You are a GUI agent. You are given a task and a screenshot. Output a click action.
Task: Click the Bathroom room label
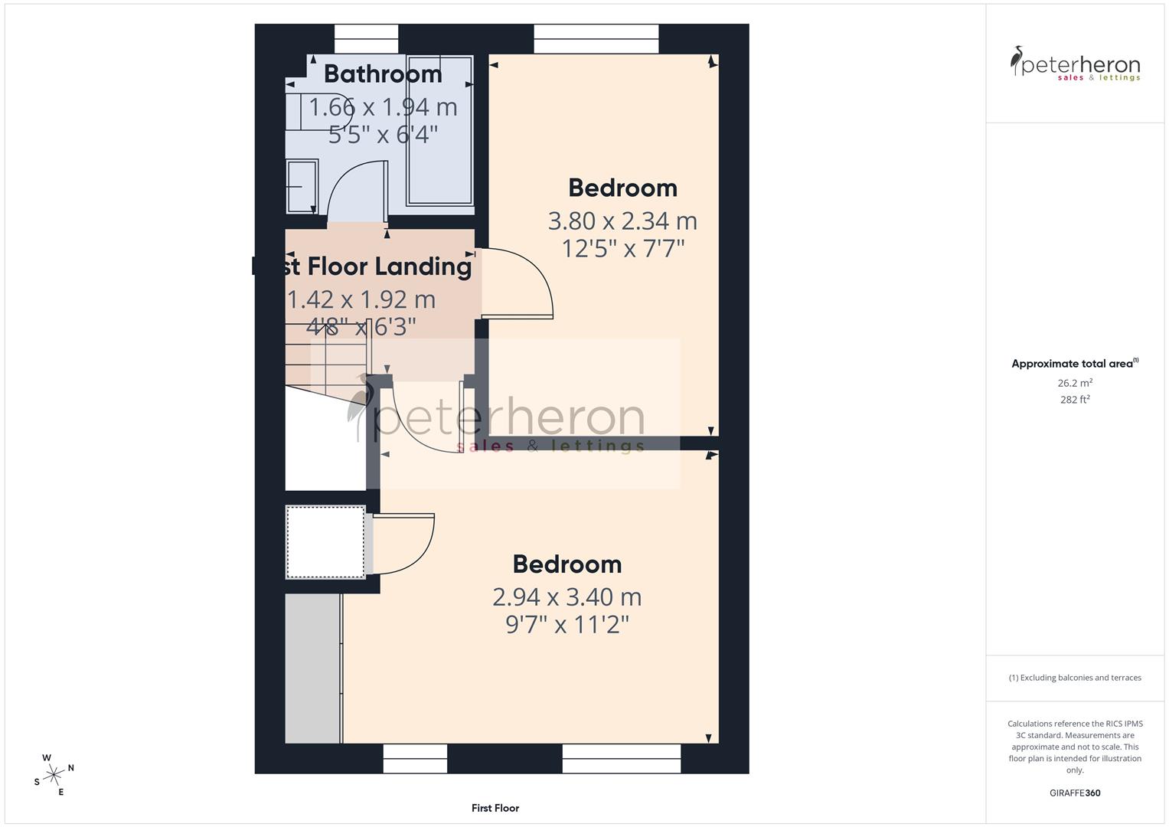click(383, 74)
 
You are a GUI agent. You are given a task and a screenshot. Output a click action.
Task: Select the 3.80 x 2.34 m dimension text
click(622, 221)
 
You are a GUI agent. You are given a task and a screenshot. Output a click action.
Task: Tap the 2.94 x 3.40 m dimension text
click(567, 597)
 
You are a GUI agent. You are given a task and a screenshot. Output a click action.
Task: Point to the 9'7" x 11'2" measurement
click(567, 625)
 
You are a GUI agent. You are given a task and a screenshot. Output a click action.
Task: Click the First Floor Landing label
click(362, 266)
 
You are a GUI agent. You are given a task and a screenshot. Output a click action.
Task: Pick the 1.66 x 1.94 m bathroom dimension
click(383, 107)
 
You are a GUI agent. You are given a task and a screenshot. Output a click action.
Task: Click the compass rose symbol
click(53, 775)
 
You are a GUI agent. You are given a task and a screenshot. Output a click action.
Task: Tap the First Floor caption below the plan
click(495, 808)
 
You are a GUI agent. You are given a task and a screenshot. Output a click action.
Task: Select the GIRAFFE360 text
click(1074, 793)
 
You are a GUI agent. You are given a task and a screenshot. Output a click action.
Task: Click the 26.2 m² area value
click(1074, 383)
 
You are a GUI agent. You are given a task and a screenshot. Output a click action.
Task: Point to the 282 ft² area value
click(1074, 400)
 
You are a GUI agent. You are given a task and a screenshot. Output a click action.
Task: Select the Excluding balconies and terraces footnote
click(1074, 678)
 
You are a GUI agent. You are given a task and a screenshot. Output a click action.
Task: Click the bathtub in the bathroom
click(439, 130)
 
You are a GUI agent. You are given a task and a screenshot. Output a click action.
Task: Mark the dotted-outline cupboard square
click(325, 542)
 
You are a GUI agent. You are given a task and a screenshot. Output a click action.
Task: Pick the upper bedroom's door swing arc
click(528, 283)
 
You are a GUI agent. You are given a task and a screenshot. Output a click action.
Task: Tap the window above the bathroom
click(367, 39)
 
